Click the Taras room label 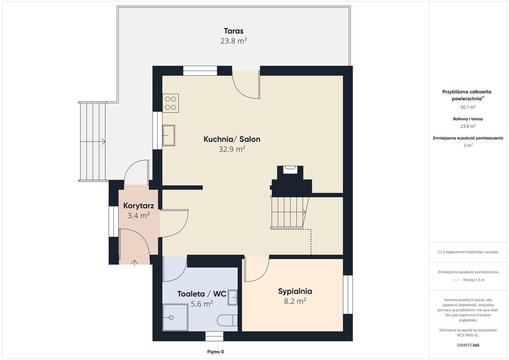[x=234, y=31]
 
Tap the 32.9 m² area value [x=232, y=149]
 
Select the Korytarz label [x=139, y=205]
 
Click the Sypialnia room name [x=295, y=291]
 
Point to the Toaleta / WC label [x=202, y=294]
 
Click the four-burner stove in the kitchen [x=170, y=103]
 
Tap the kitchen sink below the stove [x=169, y=135]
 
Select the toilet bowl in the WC [x=227, y=320]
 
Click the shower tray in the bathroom [x=175, y=317]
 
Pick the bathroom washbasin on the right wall [x=233, y=297]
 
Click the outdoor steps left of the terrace [x=93, y=142]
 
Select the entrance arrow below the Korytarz [x=134, y=263]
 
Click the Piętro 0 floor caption [x=216, y=352]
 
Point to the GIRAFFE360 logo [x=468, y=345]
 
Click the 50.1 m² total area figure [x=468, y=107]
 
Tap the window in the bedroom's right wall [x=347, y=295]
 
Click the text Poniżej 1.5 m [x=474, y=280]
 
